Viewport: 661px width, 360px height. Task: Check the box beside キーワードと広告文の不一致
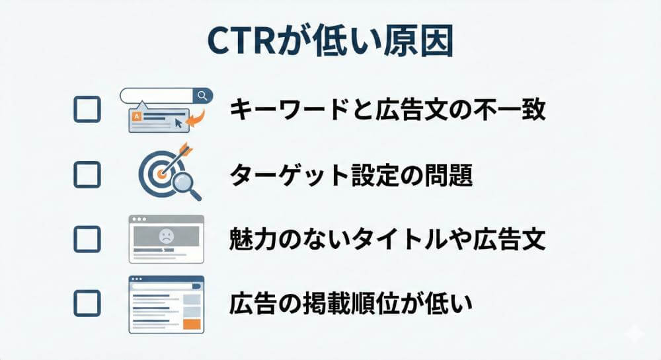tap(87, 110)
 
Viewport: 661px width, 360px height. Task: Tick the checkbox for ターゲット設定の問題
tap(87, 174)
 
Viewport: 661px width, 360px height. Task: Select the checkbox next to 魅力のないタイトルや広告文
tap(87, 238)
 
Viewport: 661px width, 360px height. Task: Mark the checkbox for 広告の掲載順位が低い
tap(87, 303)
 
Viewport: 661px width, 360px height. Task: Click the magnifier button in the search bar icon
tap(203, 96)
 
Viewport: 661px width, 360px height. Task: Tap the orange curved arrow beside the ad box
tap(196, 118)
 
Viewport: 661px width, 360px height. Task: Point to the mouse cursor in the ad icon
tap(179, 124)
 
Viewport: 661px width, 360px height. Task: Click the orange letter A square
tap(137, 116)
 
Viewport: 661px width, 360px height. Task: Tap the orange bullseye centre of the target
tap(160, 174)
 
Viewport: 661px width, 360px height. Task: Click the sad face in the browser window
tap(166, 236)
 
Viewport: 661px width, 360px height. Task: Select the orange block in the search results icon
tap(192, 324)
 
